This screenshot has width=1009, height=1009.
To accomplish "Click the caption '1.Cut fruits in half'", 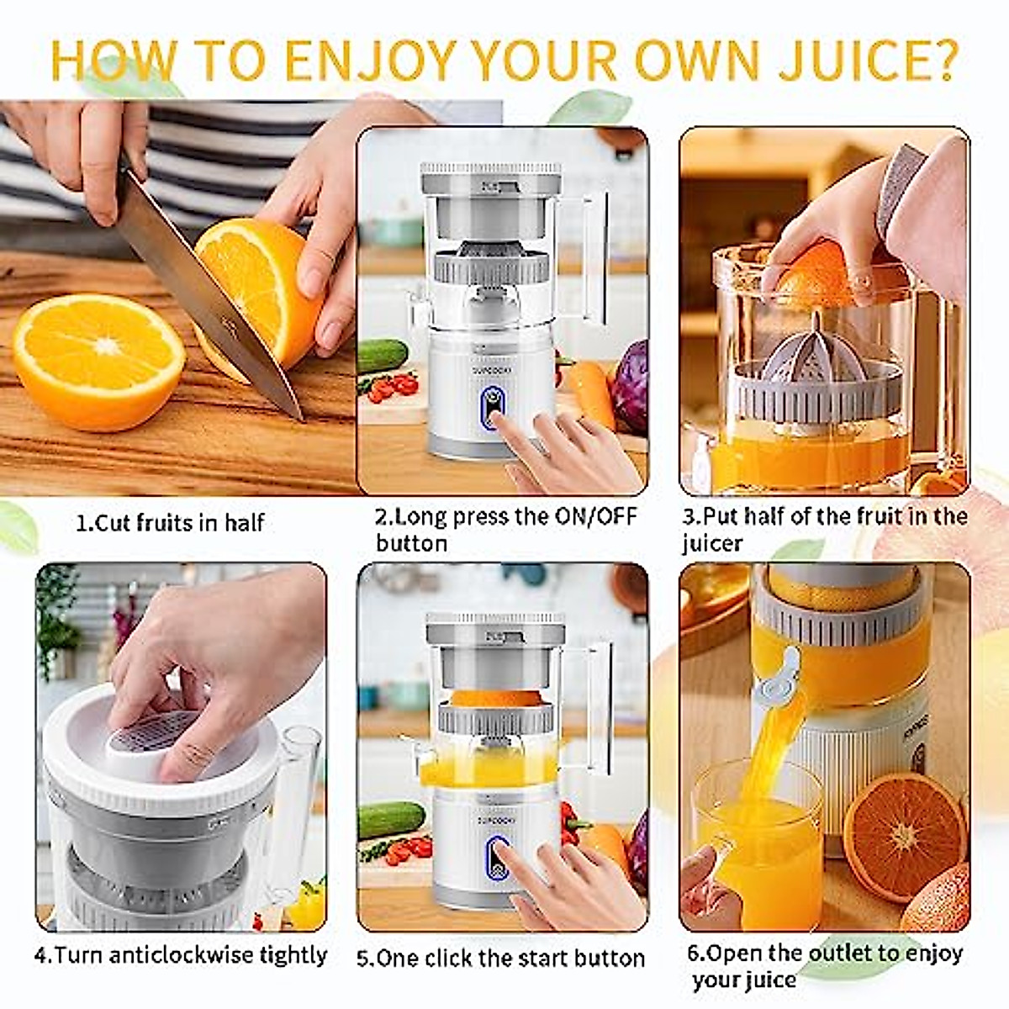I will (x=170, y=523).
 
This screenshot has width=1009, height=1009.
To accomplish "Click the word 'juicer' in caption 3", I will (x=712, y=543).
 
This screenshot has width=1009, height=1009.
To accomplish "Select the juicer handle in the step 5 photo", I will (x=599, y=706).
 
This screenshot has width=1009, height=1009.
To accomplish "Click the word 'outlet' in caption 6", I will (x=838, y=954).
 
